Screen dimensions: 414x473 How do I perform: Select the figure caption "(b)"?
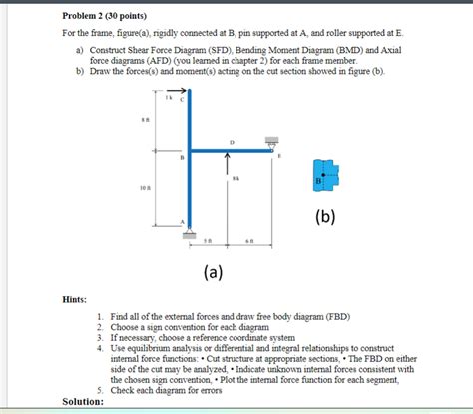326,217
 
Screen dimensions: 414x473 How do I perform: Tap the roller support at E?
271,142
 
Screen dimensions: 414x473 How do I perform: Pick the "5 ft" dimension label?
208,241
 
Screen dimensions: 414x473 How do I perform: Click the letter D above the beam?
232,142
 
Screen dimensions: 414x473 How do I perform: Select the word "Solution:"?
82,400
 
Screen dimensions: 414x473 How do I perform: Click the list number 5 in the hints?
101,389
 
